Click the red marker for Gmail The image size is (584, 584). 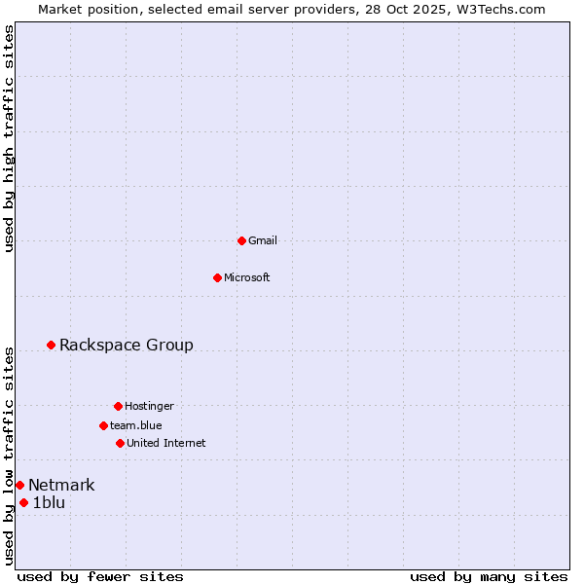241,240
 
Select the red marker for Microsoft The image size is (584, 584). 218,277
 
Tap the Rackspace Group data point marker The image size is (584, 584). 52,345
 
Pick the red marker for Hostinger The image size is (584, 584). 118,406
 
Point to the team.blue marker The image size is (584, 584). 103,425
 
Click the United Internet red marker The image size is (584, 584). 120,443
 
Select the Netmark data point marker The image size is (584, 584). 19,485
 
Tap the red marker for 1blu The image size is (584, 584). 24,502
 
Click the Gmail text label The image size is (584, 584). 263,240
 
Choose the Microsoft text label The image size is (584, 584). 247,277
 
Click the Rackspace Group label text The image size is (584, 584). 127,345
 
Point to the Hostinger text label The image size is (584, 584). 149,406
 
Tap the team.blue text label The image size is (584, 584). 136,425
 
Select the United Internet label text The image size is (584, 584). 166,443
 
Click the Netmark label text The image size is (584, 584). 61,485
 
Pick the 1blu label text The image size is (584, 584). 49,502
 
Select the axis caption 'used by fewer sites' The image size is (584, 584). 100,576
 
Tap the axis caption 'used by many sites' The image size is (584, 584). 489,576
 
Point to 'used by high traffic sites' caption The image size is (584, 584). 9,138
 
